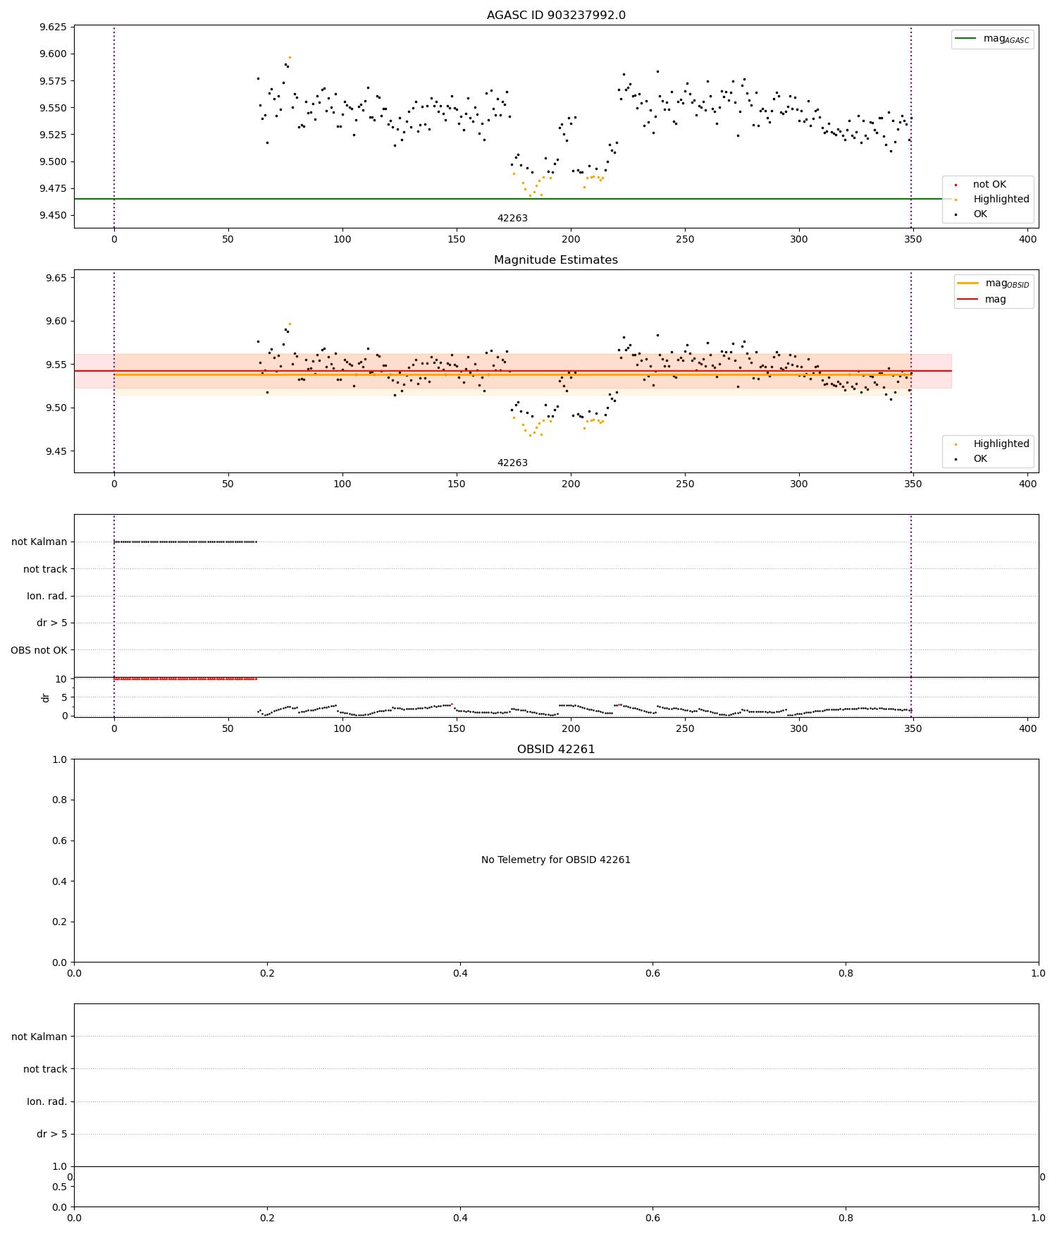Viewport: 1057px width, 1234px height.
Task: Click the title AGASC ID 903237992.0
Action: [556, 16]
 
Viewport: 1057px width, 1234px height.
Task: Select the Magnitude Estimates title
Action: [556, 260]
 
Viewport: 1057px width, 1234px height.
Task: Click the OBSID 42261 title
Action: [556, 750]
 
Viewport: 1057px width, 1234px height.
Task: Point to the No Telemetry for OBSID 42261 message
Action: [556, 860]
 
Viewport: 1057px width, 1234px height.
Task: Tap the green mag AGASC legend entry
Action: [992, 39]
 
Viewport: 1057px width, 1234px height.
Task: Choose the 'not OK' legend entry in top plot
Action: [989, 185]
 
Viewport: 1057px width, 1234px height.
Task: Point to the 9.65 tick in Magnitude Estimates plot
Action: [55, 278]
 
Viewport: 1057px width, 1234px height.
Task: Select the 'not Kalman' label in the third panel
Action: [39, 542]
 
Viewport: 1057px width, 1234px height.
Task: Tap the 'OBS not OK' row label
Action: [39, 650]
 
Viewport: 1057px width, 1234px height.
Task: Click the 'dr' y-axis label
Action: [46, 697]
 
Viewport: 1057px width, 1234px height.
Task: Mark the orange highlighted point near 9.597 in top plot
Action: [290, 57]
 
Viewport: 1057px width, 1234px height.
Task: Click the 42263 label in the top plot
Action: [512, 219]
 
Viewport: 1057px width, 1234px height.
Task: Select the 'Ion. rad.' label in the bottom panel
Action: [47, 1101]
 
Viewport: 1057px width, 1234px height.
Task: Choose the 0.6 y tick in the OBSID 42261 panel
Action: [61, 841]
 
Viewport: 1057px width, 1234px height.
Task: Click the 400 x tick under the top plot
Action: [1027, 240]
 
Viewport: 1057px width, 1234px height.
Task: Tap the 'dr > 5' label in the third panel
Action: [52, 623]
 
